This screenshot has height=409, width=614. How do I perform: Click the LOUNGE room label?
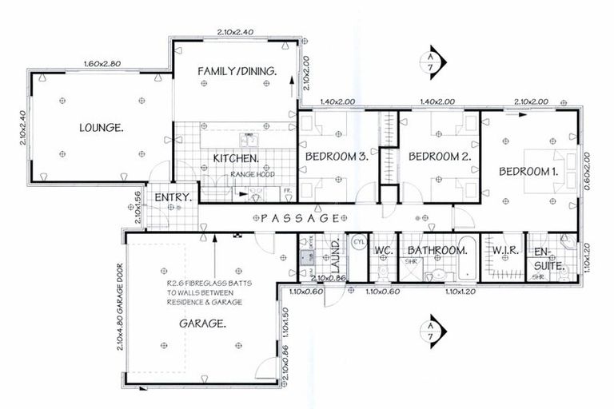[x=101, y=127]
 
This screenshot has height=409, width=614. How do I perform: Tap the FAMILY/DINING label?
[x=237, y=72]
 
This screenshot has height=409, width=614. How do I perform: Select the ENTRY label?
[x=172, y=197]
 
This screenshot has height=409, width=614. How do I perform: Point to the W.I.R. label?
[x=505, y=251]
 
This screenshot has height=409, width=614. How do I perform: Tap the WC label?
[x=381, y=251]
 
